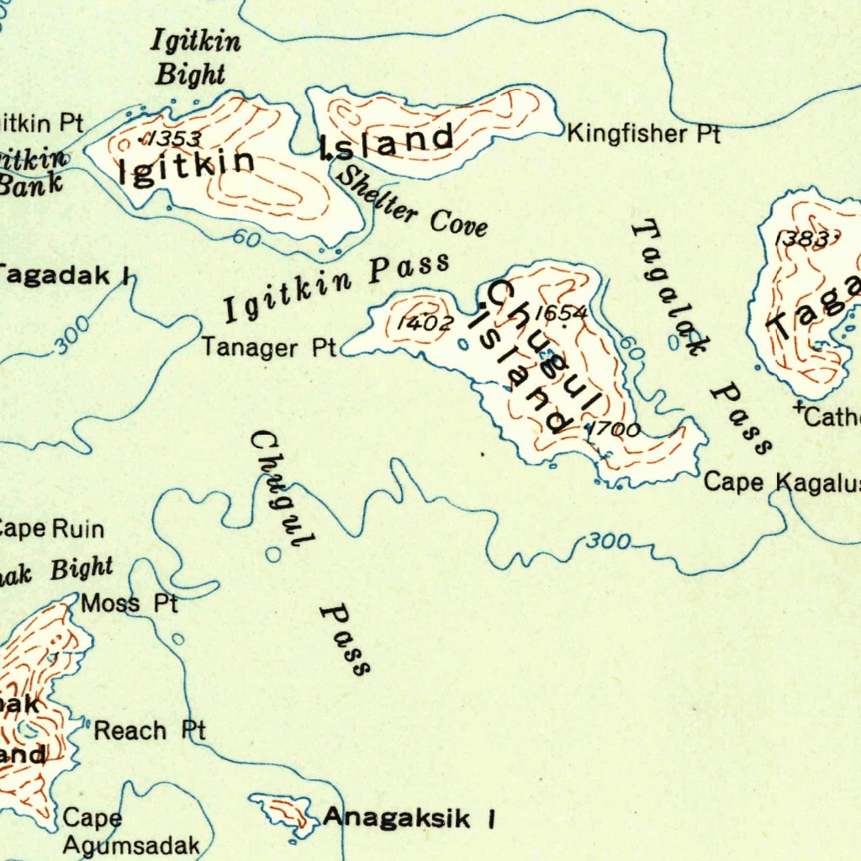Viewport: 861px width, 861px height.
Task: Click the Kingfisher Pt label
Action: tap(643, 134)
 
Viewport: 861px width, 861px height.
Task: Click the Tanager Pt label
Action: tap(268, 347)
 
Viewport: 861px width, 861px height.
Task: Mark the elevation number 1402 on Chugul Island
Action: tap(425, 323)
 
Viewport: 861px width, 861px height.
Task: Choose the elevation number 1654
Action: tap(561, 313)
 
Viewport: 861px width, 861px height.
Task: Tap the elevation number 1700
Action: tap(614, 430)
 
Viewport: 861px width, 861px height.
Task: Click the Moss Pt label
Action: tap(129, 603)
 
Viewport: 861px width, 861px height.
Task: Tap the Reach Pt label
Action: tap(149, 731)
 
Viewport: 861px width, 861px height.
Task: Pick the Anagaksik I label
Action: tap(409, 817)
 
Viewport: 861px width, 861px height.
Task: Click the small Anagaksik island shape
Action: tap(284, 813)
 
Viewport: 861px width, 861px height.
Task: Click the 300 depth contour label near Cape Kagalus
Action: tap(608, 541)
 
